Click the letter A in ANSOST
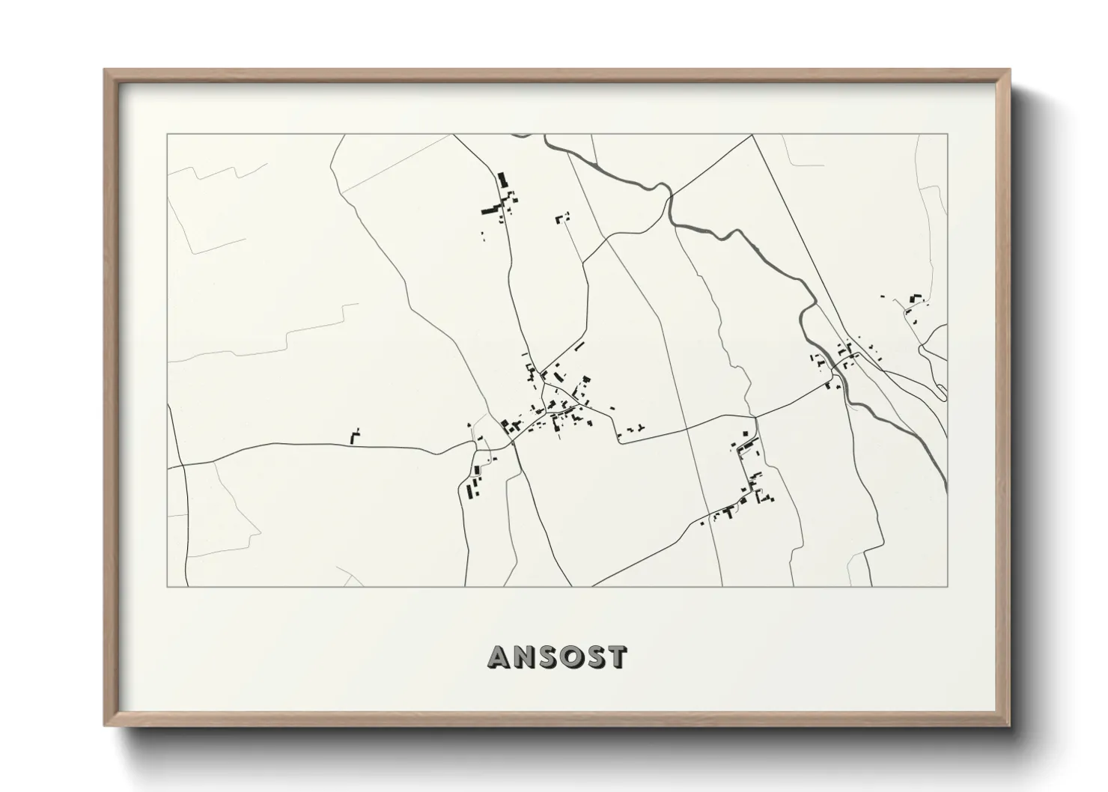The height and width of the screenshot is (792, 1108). click(500, 657)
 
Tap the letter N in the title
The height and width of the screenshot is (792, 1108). click(527, 657)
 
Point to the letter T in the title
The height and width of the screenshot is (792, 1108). click(616, 657)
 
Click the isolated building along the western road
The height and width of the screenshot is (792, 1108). click(355, 436)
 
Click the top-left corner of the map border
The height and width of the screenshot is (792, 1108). click(167, 134)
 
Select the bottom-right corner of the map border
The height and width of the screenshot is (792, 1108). click(948, 586)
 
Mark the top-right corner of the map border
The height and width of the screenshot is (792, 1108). click(948, 134)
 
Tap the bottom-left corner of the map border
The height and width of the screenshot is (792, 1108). click(167, 586)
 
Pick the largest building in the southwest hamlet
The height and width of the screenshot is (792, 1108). click(472, 490)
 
